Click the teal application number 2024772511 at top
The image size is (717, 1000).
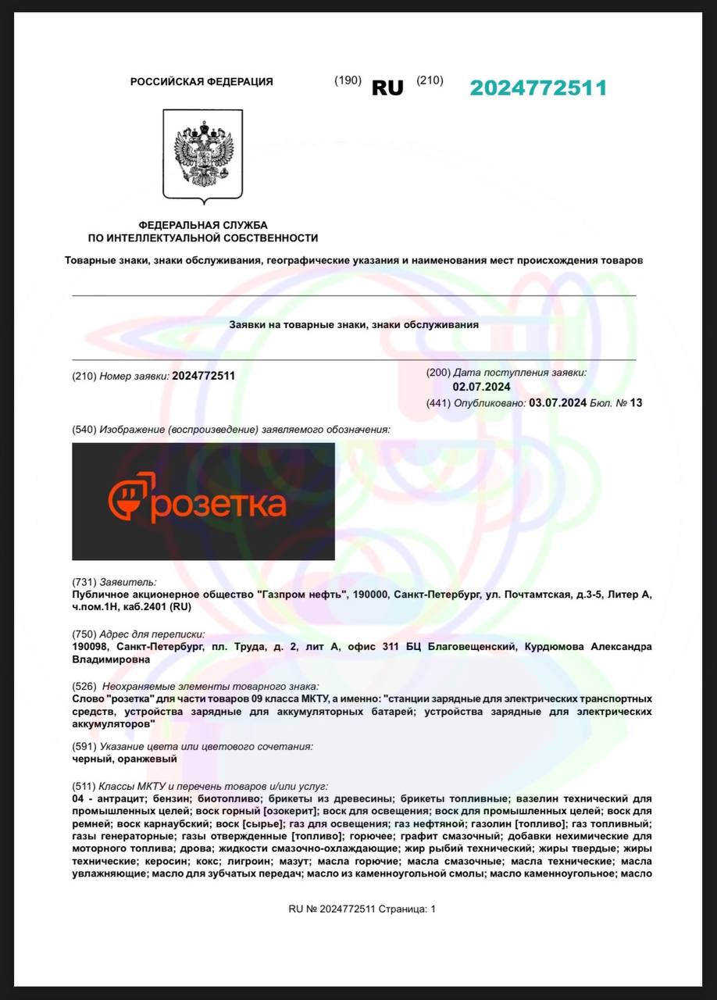pyautogui.click(x=538, y=88)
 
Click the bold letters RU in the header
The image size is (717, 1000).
pyautogui.click(x=387, y=88)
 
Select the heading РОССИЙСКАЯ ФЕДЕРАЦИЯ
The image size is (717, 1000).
pyautogui.click(x=202, y=82)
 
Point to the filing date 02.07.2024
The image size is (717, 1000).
pyautogui.click(x=481, y=387)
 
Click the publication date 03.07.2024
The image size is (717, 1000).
pyautogui.click(x=558, y=403)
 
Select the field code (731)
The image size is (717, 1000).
pyautogui.click(x=84, y=582)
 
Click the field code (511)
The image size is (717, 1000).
pyautogui.click(x=84, y=786)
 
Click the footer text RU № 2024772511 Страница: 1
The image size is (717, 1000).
pyautogui.click(x=362, y=909)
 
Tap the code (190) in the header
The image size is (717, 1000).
pyautogui.click(x=348, y=80)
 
